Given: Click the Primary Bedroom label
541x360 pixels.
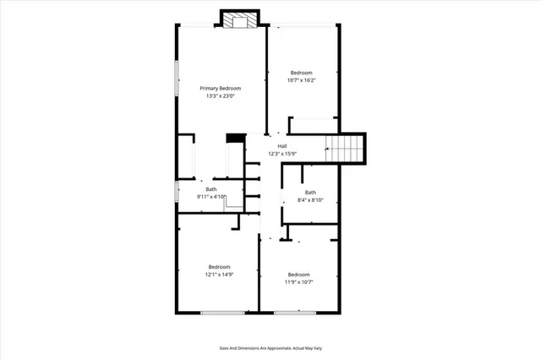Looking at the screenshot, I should coord(220,89).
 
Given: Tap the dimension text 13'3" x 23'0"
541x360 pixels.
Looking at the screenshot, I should coord(220,96).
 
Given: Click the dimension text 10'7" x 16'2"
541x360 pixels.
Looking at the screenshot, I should coord(303,79).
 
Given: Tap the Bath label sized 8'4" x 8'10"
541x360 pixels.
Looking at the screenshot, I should coord(310,192).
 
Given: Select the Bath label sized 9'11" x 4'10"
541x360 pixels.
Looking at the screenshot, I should coord(211,189).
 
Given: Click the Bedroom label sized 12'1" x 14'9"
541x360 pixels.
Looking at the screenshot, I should coord(220,267).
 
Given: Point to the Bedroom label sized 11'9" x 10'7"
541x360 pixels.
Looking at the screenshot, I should coord(298,275).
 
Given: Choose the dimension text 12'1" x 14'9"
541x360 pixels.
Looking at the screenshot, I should coord(219,275).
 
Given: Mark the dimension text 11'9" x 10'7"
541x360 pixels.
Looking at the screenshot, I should coord(298,282).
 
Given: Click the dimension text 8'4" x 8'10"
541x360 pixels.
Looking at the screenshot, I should coord(310,200).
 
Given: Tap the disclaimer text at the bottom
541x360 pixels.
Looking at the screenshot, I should coord(270,347).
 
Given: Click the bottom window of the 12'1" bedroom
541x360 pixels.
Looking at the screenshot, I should coord(219,314).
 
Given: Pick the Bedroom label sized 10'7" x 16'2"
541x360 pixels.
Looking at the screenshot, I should coord(303,72).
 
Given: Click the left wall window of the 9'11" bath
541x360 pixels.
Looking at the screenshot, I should coord(176,191).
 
